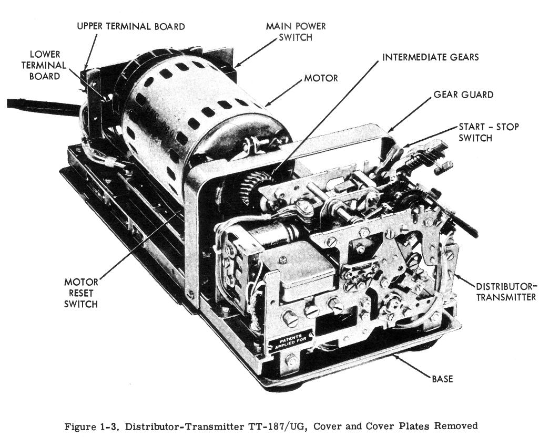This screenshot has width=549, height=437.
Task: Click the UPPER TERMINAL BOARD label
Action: tap(130, 27)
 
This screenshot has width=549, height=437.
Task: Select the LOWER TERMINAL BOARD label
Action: tap(44, 65)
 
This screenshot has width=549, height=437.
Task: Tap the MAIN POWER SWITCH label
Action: tap(296, 32)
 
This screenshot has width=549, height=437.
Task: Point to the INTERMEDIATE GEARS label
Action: tap(430, 57)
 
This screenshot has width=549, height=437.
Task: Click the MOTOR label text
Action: tap(321, 78)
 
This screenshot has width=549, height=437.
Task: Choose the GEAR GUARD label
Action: tap(464, 95)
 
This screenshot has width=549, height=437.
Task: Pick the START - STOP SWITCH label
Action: tap(489, 132)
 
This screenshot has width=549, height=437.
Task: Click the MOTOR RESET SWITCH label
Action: tap(81, 293)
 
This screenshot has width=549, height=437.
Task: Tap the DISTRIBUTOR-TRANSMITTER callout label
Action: tap(506, 292)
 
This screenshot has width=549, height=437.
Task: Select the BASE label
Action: tap(442, 379)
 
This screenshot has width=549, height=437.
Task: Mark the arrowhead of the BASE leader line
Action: tap(394, 355)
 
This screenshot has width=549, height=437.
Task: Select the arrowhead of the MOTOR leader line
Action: tap(268, 103)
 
